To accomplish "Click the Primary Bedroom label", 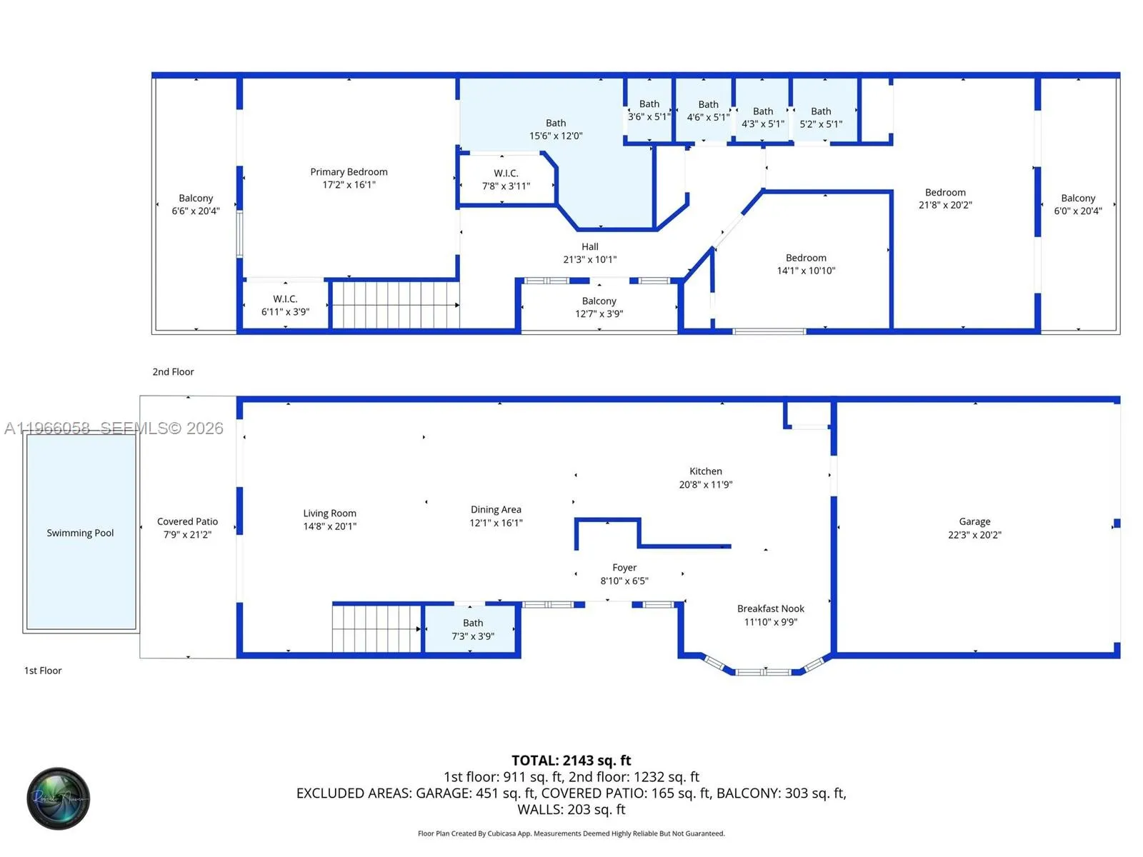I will coord(349,172).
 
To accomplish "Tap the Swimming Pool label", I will coord(80,533).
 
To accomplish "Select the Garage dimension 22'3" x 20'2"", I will coord(974,535).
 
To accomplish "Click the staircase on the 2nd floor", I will coord(395,305).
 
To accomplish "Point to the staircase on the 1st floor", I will coord(376,628).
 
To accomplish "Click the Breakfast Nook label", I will coord(770,608).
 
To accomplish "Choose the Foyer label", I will coord(624,568).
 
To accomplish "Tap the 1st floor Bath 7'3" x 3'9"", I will coord(472,629).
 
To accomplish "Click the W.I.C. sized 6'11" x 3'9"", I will coord(285,305).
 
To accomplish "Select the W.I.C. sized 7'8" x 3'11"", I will coord(506,179).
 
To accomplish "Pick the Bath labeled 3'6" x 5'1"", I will coord(649,110).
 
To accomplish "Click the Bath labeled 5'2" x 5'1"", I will coord(821,117).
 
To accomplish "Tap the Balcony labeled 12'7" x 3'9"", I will coord(599,307).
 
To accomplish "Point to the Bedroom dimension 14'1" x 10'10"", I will coord(806,271).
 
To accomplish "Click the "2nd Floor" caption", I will coord(173,372).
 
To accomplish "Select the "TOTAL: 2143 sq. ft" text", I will coord(571,761).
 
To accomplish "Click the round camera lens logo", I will coord(59,798).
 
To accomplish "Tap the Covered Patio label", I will coord(187,522).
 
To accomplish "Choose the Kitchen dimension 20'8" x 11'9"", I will coord(705,484).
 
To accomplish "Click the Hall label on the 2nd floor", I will coord(589,247).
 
